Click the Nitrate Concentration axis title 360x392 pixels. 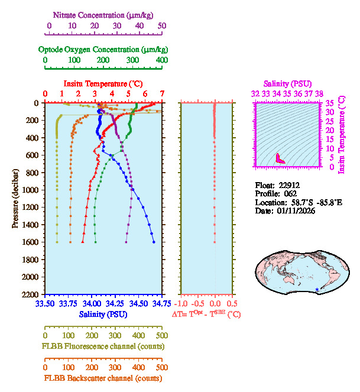104,14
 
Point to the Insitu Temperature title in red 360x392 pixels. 103,83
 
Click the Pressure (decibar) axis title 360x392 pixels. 16,199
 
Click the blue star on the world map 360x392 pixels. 317,289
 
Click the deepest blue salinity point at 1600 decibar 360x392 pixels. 154,242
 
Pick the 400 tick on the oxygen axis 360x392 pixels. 161,60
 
